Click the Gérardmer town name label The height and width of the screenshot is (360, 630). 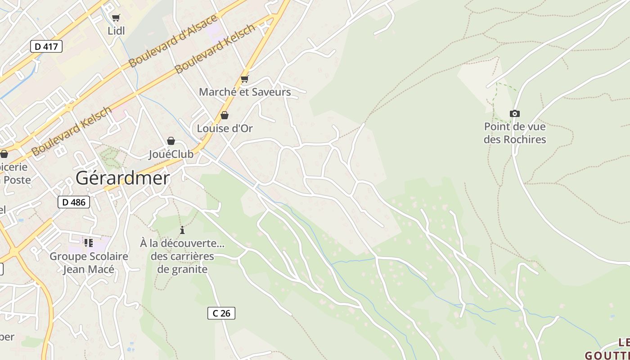[x=122, y=178]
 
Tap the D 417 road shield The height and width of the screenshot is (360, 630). [x=46, y=46]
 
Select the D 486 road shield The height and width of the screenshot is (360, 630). [x=74, y=202]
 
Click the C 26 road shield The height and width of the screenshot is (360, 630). [x=221, y=313]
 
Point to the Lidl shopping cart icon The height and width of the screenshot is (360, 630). [x=116, y=18]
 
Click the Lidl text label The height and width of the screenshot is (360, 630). [x=116, y=31]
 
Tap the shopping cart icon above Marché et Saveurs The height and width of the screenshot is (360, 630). [x=245, y=79]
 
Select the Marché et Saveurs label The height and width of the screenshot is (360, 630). [x=245, y=92]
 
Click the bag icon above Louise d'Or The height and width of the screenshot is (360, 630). [x=225, y=116]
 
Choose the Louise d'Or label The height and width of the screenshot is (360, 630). [x=225, y=129]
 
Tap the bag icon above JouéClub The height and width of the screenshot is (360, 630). [x=171, y=141]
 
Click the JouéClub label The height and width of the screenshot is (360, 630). [x=171, y=154]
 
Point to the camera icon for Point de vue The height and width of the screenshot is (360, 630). [x=515, y=114]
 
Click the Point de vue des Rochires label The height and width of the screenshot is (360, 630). [x=515, y=133]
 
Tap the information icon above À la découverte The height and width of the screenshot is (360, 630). [x=182, y=230]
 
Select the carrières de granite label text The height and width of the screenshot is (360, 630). [x=182, y=263]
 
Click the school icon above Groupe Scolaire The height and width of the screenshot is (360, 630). [x=89, y=243]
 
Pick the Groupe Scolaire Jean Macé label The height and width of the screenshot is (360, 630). [x=89, y=263]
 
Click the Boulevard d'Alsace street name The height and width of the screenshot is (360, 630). [x=173, y=40]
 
